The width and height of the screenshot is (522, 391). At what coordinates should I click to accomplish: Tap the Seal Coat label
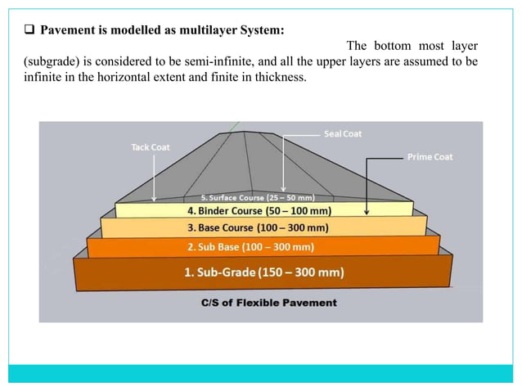[343, 133]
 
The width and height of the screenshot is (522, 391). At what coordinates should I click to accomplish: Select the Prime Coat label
[430, 156]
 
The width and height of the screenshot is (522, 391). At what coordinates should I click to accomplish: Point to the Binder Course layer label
[259, 211]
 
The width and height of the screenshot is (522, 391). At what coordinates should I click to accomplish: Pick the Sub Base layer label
[251, 246]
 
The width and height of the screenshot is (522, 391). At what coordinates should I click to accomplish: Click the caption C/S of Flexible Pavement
[269, 303]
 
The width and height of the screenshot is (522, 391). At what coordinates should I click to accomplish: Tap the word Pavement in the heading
[65, 31]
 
